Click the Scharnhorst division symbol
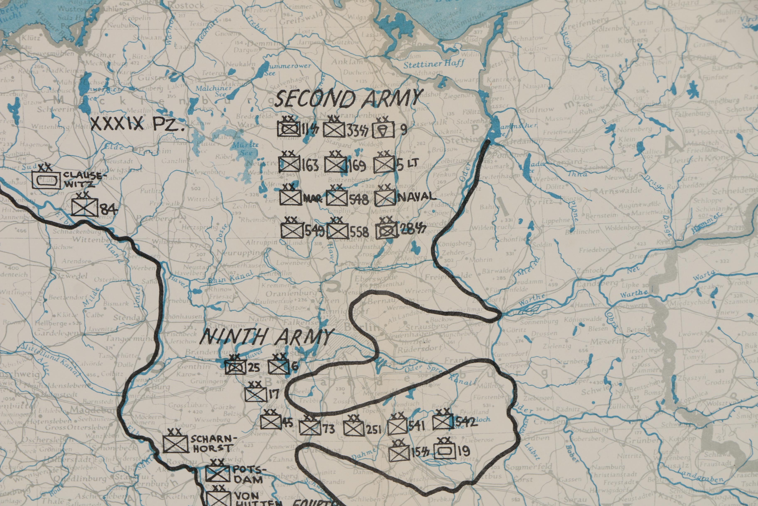(x=175, y=444)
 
